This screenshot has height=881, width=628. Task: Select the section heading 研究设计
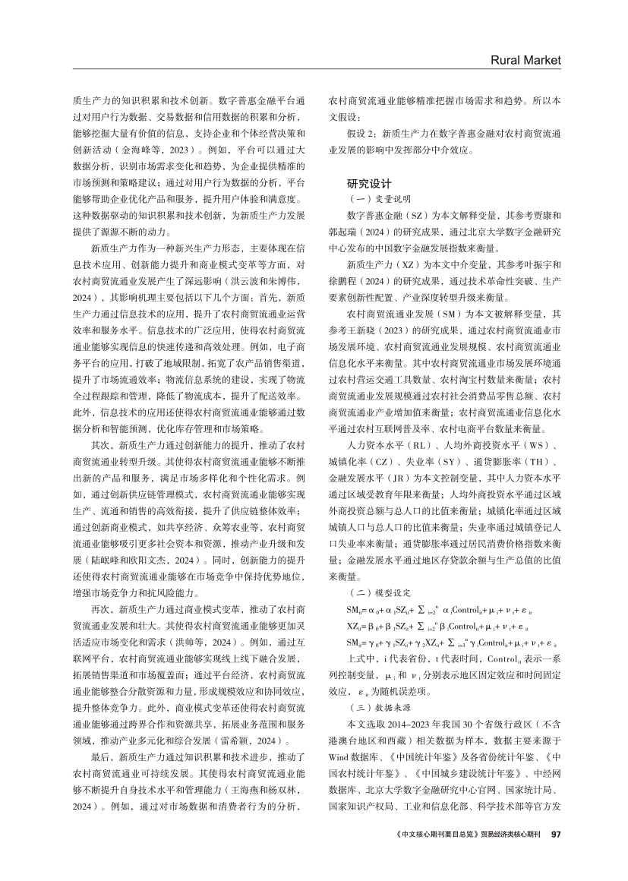click(369, 183)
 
